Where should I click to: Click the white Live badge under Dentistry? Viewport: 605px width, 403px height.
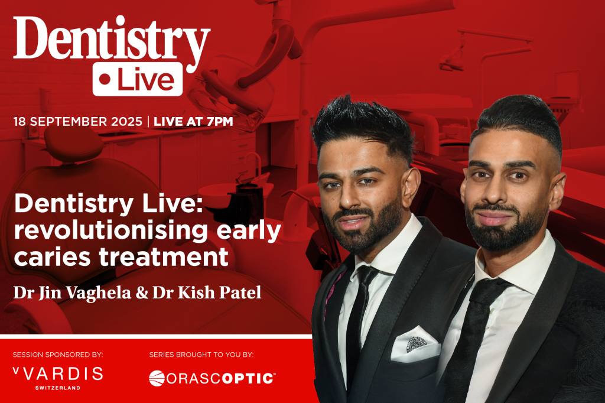[137, 79]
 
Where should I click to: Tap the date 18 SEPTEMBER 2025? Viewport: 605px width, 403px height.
[77, 122]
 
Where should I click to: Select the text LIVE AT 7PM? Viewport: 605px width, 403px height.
[193, 122]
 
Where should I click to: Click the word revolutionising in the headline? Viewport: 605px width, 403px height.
[108, 231]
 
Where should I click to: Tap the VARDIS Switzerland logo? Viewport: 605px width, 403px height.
[57, 376]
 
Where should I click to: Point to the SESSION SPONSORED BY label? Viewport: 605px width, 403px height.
[58, 355]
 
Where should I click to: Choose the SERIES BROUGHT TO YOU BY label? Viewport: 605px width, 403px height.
[201, 355]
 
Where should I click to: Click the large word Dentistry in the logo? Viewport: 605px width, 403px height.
[111, 41]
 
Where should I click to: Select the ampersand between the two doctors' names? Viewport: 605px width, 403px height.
[138, 293]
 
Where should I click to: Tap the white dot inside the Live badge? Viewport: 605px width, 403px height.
[106, 79]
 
